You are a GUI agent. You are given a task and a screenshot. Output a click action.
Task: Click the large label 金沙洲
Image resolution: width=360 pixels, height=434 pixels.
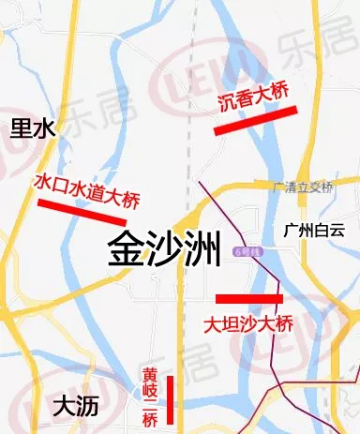(x=163, y=250)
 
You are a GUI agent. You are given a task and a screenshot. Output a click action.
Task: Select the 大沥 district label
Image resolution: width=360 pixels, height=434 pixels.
(x=76, y=406)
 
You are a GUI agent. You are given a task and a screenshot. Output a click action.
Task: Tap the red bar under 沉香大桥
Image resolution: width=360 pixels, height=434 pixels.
(x=255, y=121)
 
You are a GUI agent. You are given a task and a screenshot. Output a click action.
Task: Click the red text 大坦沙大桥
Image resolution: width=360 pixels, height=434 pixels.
(x=248, y=324)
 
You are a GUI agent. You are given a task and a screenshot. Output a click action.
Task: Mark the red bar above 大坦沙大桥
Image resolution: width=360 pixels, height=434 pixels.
(x=248, y=299)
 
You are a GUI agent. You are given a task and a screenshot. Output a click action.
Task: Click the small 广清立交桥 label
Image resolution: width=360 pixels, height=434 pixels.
(x=302, y=187)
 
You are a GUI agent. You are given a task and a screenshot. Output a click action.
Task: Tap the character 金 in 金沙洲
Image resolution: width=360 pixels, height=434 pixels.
(x=126, y=250)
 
